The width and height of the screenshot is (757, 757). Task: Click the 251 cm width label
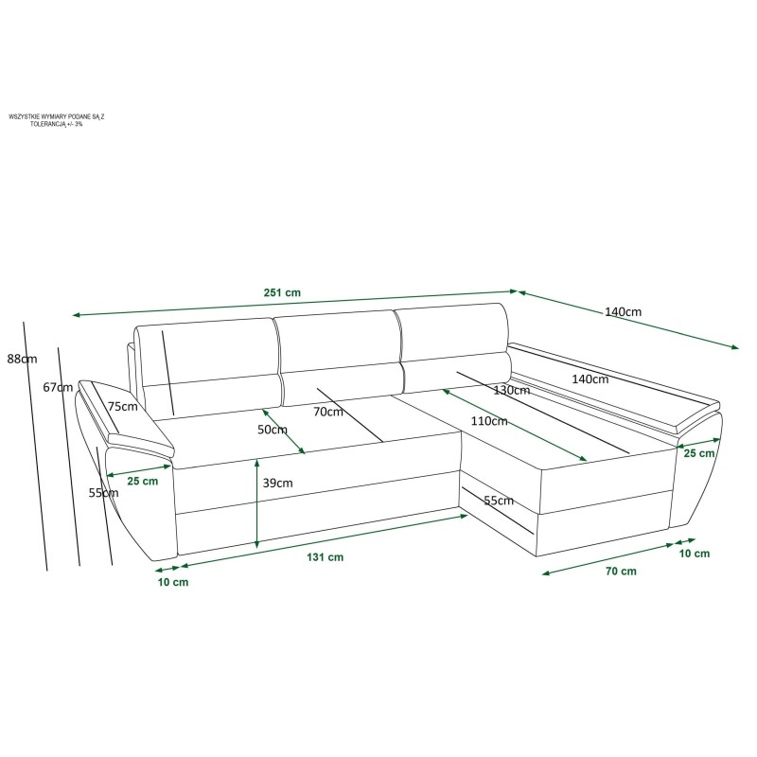click(x=282, y=292)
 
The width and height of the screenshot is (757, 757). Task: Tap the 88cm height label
click(x=22, y=359)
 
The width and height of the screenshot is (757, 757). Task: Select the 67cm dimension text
click(x=58, y=387)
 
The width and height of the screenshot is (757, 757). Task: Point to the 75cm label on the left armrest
click(x=123, y=407)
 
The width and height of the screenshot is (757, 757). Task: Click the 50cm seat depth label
click(x=273, y=430)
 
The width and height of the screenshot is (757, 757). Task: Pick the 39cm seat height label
click(x=277, y=483)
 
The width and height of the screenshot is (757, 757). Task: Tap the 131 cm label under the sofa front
click(x=325, y=557)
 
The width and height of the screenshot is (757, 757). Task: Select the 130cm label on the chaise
click(x=512, y=390)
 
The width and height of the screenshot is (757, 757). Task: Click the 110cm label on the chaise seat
click(x=489, y=421)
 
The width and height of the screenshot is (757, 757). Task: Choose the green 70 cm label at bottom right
click(x=621, y=572)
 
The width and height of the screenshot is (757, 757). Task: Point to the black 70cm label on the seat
click(x=328, y=412)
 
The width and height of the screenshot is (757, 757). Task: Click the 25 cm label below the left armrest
click(x=143, y=481)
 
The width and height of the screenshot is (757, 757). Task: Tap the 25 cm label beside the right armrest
click(x=699, y=453)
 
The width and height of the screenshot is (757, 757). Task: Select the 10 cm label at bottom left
click(x=173, y=582)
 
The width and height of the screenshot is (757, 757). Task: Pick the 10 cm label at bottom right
click(x=695, y=554)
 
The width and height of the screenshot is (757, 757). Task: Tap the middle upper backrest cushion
click(x=338, y=342)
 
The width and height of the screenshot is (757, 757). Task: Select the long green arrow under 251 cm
click(x=295, y=303)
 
